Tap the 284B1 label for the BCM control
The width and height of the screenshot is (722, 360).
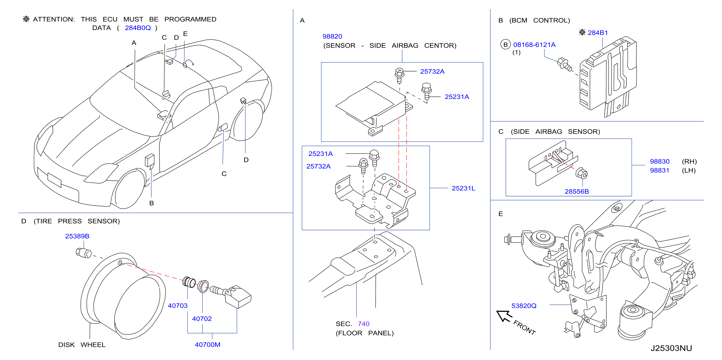coord(598,33)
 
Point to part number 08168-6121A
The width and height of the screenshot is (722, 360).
coord(534,45)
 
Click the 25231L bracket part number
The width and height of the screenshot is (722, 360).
coord(463,188)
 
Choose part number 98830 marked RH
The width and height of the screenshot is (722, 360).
coord(659,161)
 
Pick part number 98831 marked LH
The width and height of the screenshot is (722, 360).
coord(659,170)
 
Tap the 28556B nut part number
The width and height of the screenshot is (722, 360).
coord(576,191)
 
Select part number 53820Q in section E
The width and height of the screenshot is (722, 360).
coord(524,306)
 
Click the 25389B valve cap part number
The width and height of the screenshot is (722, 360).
coord(77,236)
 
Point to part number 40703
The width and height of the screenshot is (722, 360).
coord(178,306)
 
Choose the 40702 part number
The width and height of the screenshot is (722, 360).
coord(202,319)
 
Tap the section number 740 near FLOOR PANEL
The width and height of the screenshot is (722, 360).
coord(364,324)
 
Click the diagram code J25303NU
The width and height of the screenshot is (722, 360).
coord(671,348)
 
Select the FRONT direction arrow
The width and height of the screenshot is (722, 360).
coord(504,316)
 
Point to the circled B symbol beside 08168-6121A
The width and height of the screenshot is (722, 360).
coord(506,45)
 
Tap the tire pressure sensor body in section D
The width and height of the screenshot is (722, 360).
coord(238,297)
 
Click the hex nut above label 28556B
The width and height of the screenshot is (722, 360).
coord(582,173)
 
